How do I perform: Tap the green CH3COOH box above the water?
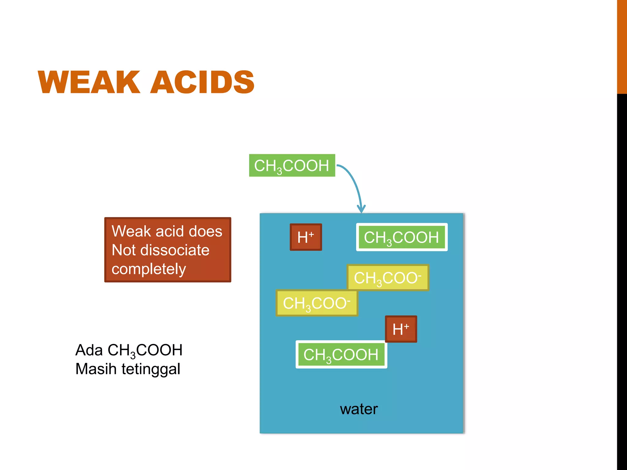(x=292, y=166)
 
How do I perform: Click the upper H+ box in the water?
(x=306, y=237)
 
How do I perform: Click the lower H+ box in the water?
(x=401, y=329)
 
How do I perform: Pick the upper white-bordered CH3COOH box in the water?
(x=402, y=237)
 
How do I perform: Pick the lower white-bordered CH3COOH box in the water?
(x=341, y=354)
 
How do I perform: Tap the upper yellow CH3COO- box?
(x=388, y=278)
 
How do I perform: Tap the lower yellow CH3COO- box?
(x=317, y=303)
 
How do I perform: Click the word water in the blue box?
(x=359, y=409)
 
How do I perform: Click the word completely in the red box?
(x=149, y=269)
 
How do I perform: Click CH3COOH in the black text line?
(x=145, y=350)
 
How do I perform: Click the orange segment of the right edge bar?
(x=622, y=46)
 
